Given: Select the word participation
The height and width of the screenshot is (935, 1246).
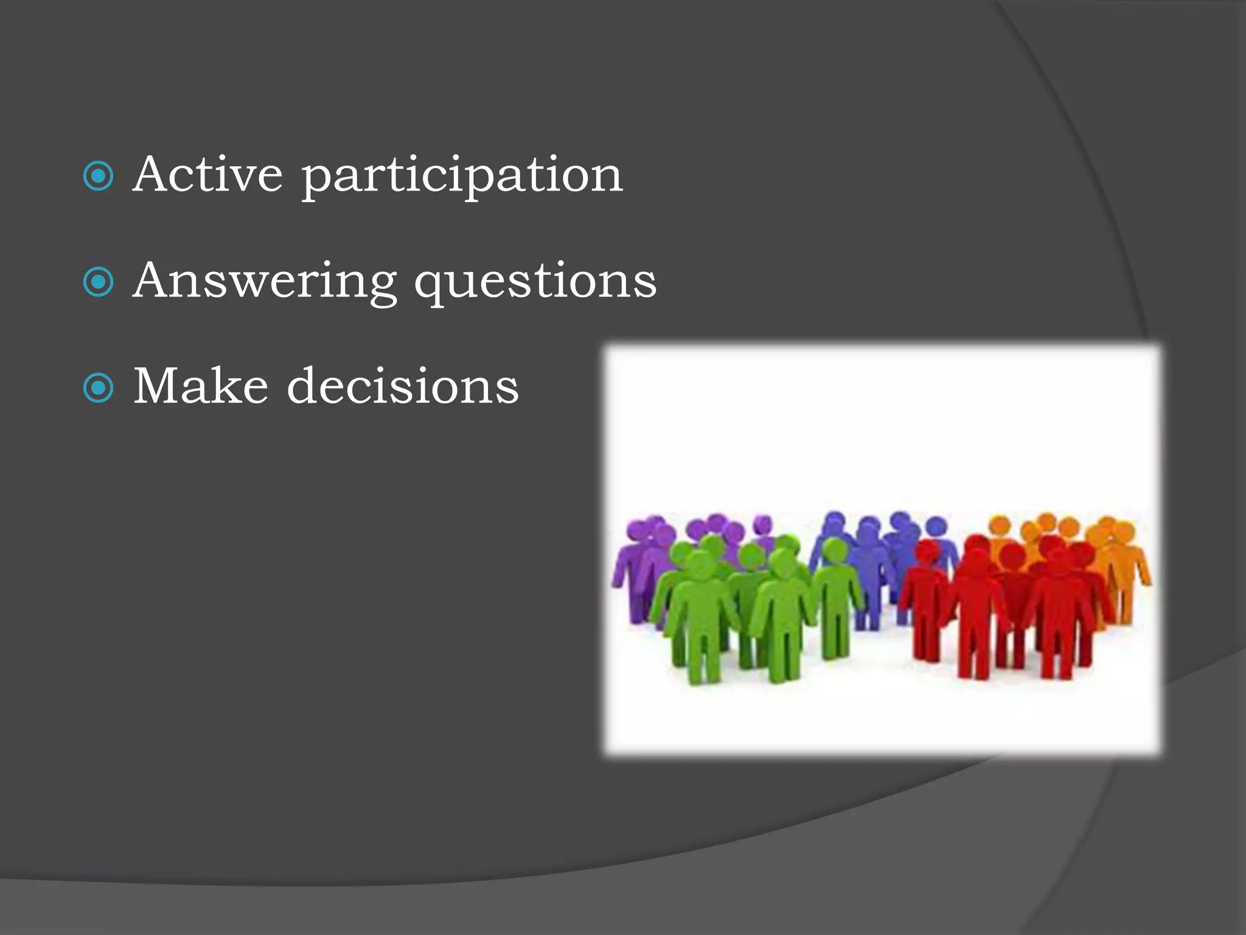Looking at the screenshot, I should pyautogui.click(x=462, y=177).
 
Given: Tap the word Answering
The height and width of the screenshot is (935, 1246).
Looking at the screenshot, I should pyautogui.click(x=265, y=282).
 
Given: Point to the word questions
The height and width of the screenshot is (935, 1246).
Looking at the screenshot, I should pyautogui.click(x=535, y=282).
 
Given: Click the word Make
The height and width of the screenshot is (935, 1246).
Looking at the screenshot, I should pyautogui.click(x=201, y=386).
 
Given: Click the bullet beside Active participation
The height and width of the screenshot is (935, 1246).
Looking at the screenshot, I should pyautogui.click(x=98, y=177).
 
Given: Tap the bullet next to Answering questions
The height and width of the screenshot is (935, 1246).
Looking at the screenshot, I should pyautogui.click(x=98, y=282).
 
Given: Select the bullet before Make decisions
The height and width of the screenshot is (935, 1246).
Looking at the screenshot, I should pyautogui.click(x=98, y=388).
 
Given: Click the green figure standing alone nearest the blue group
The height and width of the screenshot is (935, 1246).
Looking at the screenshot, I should pyautogui.click(x=837, y=597).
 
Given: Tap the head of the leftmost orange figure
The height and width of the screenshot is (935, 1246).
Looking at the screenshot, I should pyautogui.click(x=1000, y=525).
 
